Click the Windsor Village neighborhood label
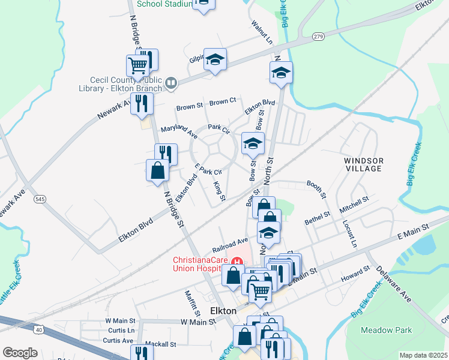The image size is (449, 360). pos(363,164)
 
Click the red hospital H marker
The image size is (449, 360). pos(238,262)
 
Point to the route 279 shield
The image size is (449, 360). pos(318,37)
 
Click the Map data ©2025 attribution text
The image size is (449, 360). pos(423,355)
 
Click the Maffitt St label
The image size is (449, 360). pos(192,303)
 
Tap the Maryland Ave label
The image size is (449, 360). pos(179,129)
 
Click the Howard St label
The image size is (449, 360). pos(355,274)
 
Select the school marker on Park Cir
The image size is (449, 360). pos(253,143)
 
